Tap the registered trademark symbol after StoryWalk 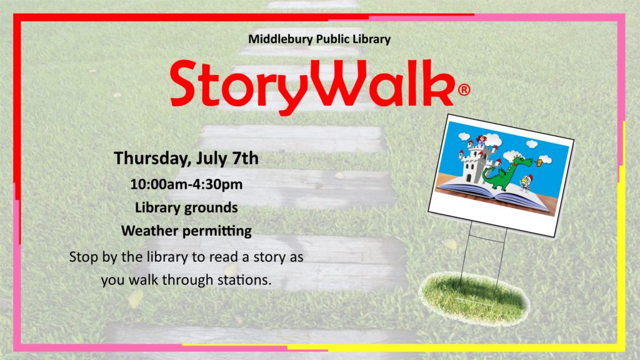(x=464, y=89)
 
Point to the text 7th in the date (x=245, y=158)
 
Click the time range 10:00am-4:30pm (x=186, y=184)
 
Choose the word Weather (x=150, y=231)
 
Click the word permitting (x=217, y=231)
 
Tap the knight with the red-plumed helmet (x=525, y=183)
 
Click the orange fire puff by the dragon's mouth (x=539, y=163)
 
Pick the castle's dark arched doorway (x=469, y=177)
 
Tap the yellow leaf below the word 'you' (x=136, y=299)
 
